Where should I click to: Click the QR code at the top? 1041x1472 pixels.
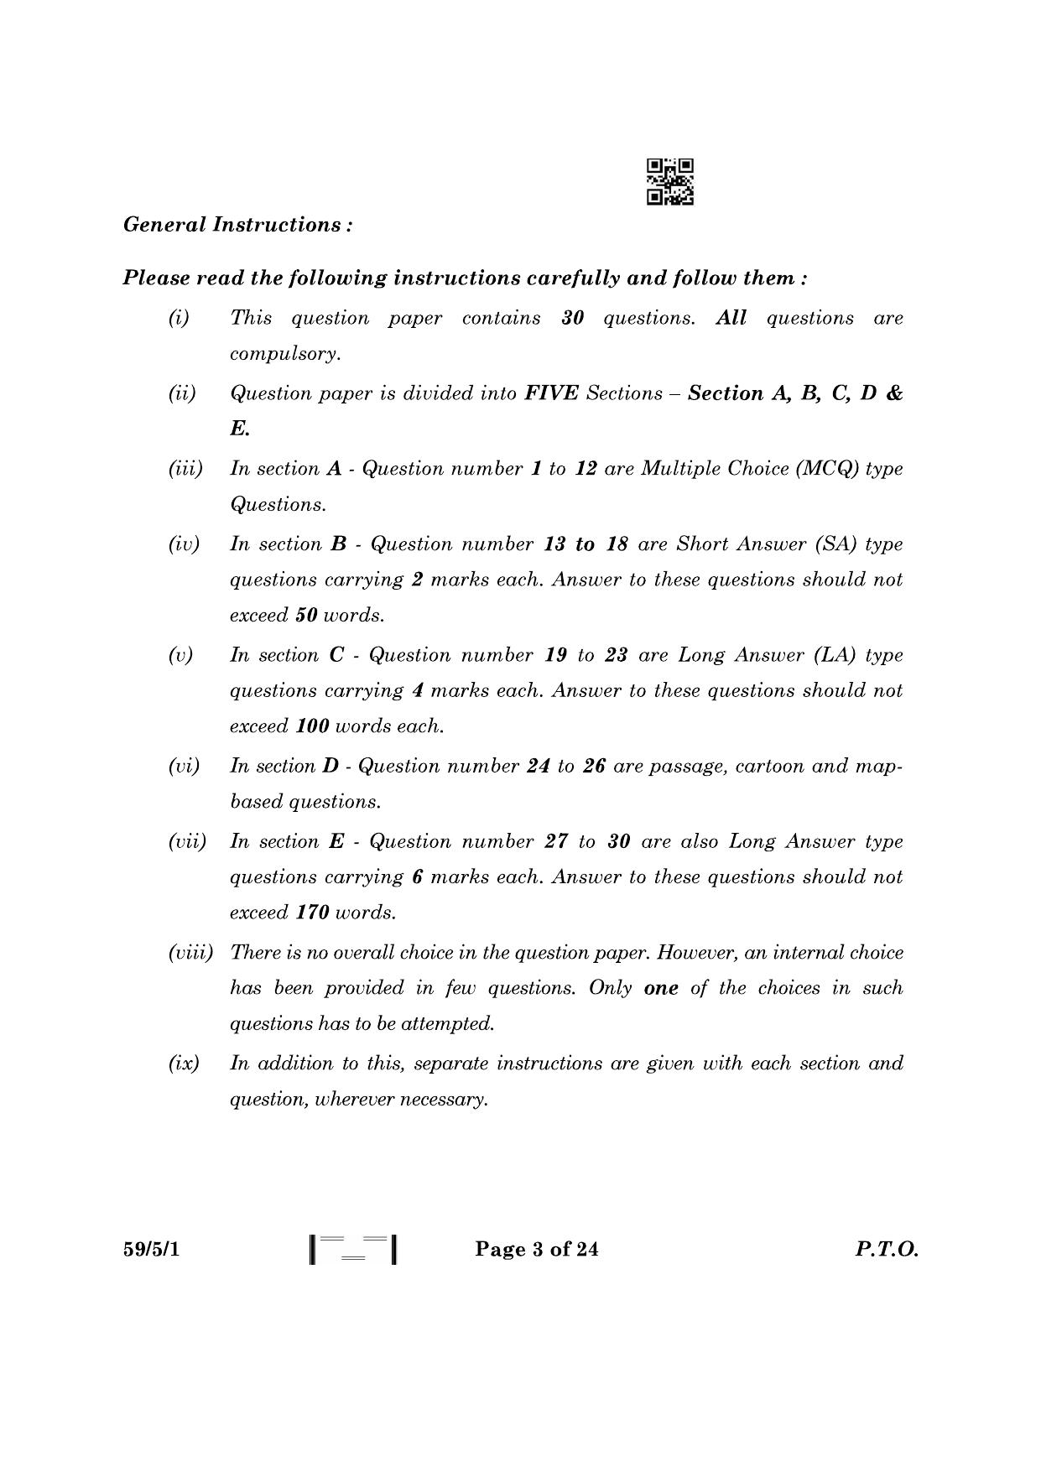669,182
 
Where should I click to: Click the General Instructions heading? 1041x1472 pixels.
237,225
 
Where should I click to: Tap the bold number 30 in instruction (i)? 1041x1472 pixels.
572,319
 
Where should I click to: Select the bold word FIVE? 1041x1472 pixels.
551,394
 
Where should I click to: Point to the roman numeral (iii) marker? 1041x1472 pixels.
185,469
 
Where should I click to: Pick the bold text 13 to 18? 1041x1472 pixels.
586,544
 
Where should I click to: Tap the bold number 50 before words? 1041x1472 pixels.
306,616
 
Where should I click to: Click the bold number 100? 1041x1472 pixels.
313,726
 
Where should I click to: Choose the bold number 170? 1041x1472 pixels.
312,913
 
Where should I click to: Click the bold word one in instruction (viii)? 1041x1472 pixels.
661,988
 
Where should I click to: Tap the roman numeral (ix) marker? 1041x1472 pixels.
184,1064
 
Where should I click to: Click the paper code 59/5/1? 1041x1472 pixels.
152,1250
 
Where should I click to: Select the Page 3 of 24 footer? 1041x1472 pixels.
537,1250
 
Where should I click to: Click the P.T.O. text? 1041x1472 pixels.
887,1250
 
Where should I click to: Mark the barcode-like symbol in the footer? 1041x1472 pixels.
352,1250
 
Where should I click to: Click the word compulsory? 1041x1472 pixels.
285,354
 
